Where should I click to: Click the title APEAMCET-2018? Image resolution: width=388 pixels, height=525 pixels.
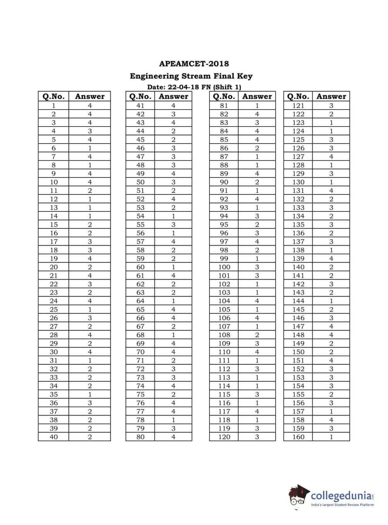click(194, 63)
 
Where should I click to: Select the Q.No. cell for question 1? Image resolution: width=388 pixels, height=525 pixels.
click(53, 105)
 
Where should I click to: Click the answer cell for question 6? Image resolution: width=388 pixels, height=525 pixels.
click(90, 148)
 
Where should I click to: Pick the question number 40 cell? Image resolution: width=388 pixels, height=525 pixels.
click(53, 437)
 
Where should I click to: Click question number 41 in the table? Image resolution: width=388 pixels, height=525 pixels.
click(140, 105)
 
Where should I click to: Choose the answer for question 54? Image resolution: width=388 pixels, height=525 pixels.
click(173, 216)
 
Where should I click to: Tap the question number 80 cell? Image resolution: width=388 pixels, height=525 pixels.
click(140, 437)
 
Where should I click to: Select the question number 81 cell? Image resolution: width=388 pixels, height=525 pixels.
click(224, 105)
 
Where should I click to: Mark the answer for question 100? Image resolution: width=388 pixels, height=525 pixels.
click(257, 267)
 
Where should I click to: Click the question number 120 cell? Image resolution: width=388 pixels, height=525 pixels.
click(224, 437)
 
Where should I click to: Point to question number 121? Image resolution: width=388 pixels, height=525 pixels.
click(298, 105)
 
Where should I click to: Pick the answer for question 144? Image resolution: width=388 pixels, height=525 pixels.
click(331, 301)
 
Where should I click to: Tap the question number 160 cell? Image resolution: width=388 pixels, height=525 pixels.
click(298, 437)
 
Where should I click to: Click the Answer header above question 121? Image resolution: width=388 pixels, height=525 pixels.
click(331, 96)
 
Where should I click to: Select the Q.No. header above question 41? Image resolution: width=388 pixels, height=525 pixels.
click(140, 96)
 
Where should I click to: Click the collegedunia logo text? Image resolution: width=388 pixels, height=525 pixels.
click(342, 496)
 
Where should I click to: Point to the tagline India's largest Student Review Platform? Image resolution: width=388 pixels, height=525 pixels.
click(342, 504)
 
